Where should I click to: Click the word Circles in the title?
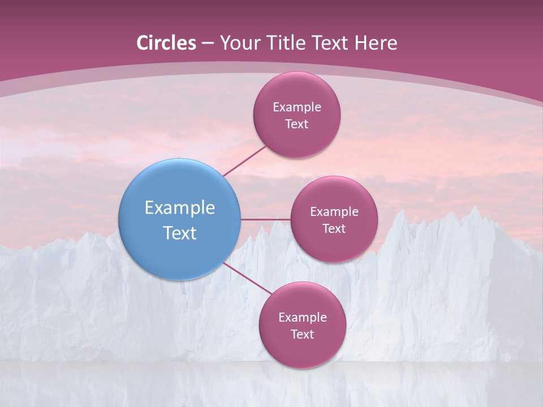point(166,43)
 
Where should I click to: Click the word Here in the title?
point(376,43)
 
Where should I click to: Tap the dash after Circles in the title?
point(208,44)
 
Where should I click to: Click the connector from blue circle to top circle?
point(245,161)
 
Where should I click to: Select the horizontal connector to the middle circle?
point(265,219)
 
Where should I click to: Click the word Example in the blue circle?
point(179,208)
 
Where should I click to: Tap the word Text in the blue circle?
point(179,233)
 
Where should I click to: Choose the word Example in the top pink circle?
point(296,107)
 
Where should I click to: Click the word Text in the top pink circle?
point(296,124)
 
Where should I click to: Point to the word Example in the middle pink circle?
point(334,211)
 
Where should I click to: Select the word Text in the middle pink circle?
point(334,228)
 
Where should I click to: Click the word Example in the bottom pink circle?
point(302,317)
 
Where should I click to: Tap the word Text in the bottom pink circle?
point(302,334)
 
